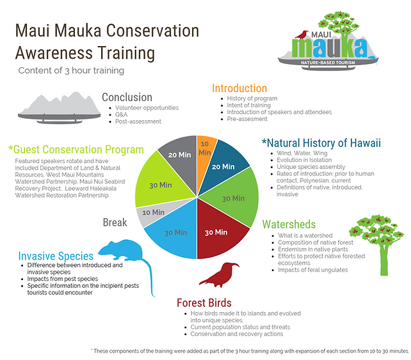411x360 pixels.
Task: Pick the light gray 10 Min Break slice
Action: [154, 212]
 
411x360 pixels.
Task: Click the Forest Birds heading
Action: [204, 302]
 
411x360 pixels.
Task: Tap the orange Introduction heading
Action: [239, 88]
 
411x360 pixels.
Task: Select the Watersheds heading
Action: [289, 224]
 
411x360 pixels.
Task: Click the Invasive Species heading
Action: [56, 256]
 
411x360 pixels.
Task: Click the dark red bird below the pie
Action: [219, 275]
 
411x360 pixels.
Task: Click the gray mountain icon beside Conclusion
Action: [60, 107]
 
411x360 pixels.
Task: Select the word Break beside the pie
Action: [115, 223]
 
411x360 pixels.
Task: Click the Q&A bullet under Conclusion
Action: [121, 114]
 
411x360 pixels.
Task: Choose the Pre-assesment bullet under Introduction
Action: [247, 119]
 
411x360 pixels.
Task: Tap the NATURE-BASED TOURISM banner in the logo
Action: [328, 63]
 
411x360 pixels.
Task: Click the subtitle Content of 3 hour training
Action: [71, 70]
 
